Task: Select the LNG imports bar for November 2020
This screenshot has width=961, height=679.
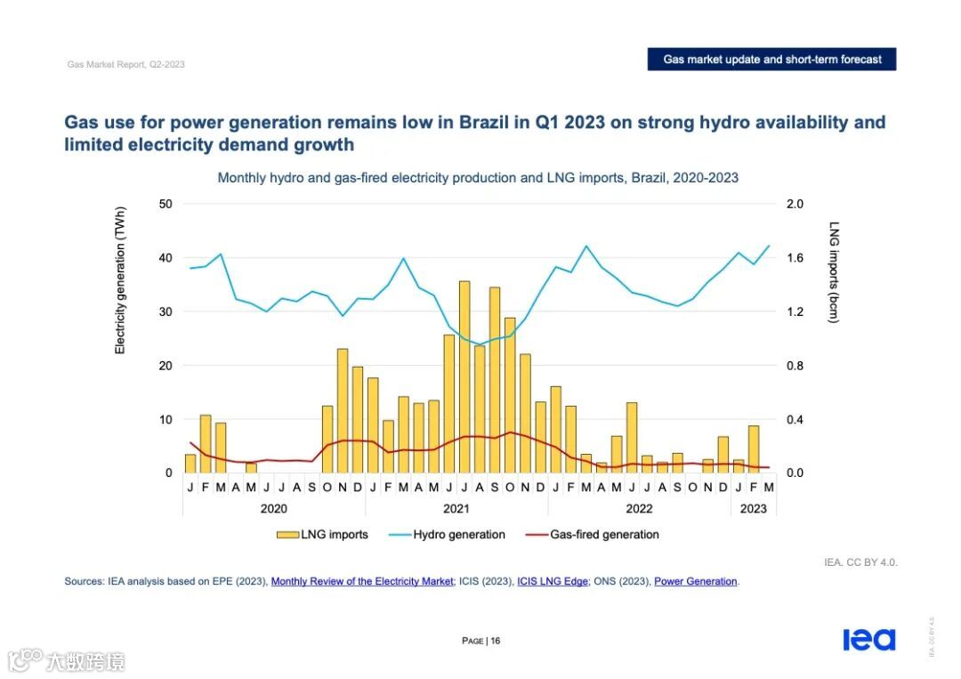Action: click(x=343, y=410)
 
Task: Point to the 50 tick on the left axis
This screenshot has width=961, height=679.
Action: click(x=166, y=204)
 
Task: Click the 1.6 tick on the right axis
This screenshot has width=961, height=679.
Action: click(x=795, y=258)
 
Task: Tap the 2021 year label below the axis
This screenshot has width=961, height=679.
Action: click(x=456, y=509)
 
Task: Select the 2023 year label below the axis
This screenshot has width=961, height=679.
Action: click(x=754, y=509)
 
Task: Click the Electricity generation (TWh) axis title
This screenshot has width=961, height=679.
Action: click(x=120, y=280)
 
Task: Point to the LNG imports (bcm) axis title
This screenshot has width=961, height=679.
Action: click(x=834, y=272)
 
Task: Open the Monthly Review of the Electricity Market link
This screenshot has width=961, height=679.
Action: click(x=362, y=582)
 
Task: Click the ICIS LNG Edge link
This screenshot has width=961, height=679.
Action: click(x=553, y=582)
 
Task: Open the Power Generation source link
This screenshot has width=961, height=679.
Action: click(x=696, y=582)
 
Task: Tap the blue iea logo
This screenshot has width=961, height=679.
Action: click(x=868, y=640)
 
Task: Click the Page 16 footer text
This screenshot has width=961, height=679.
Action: click(x=481, y=641)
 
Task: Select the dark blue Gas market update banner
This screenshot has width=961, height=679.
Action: click(x=771, y=60)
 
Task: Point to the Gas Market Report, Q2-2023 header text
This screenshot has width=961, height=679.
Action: click(x=126, y=65)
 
